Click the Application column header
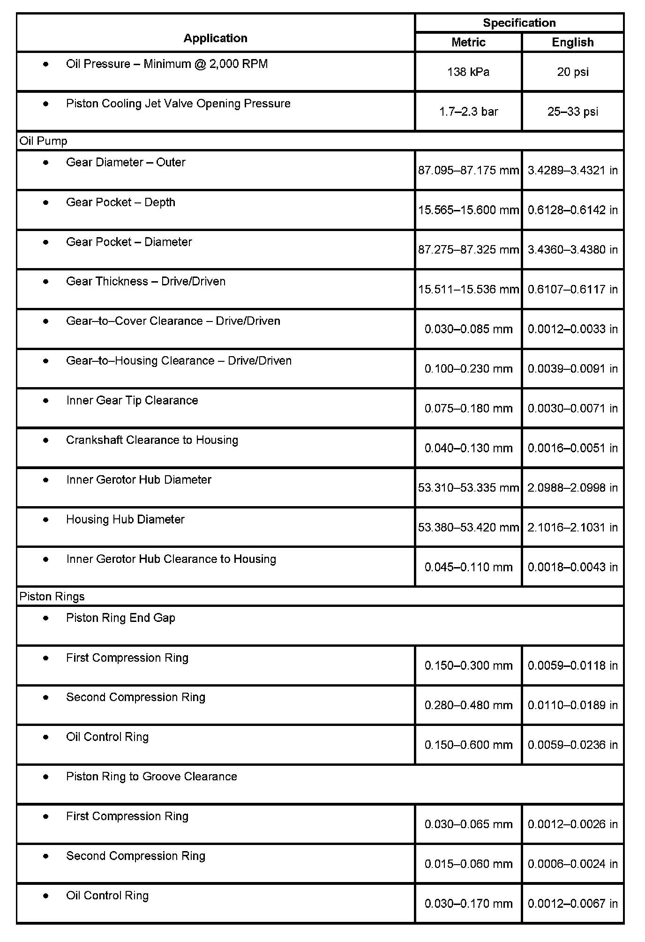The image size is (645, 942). coord(215,38)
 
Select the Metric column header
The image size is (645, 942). coord(468,42)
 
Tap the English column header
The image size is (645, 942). coord(572,42)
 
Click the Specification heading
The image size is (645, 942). coord(519,22)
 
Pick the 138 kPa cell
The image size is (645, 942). coord(468,72)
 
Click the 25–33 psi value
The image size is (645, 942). coord(572,112)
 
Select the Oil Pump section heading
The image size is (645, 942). coord(43,141)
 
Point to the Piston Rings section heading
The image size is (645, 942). coord(52,597)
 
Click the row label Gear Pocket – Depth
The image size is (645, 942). coord(120,202)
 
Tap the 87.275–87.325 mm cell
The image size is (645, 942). coord(468,249)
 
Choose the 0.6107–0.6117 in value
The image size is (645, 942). coord(572,289)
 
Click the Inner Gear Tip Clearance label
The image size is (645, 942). coord(132,401)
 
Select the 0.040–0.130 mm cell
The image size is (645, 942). coord(468,448)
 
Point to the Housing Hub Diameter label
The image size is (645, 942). coord(125,520)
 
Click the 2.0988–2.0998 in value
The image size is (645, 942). coord(572,488)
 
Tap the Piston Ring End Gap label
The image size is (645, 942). coord(120,618)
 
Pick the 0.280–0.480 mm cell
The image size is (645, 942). coord(468,705)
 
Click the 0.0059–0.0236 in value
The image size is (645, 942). coord(572,745)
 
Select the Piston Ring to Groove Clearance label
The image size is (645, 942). coord(151,777)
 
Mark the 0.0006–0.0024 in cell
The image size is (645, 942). coord(572,864)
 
